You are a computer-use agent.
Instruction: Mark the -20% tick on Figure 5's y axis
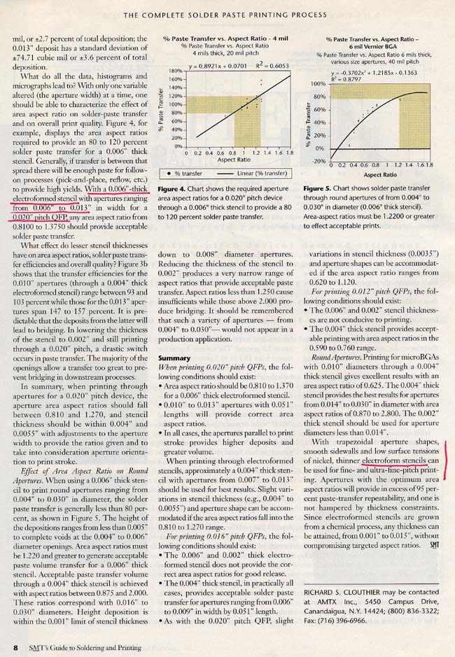pyautogui.click(x=318, y=160)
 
